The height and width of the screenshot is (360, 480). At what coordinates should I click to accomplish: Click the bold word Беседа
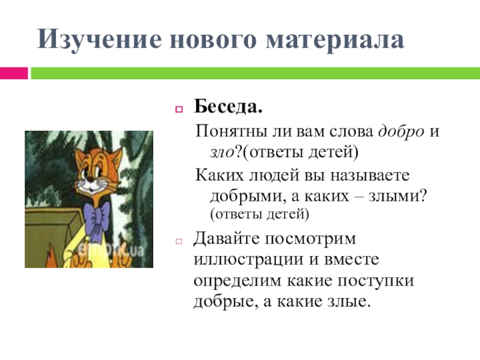pos(227,109)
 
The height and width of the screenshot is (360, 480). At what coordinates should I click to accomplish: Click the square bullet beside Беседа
pos(178,110)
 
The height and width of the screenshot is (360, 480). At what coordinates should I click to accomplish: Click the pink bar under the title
pos(14,73)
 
